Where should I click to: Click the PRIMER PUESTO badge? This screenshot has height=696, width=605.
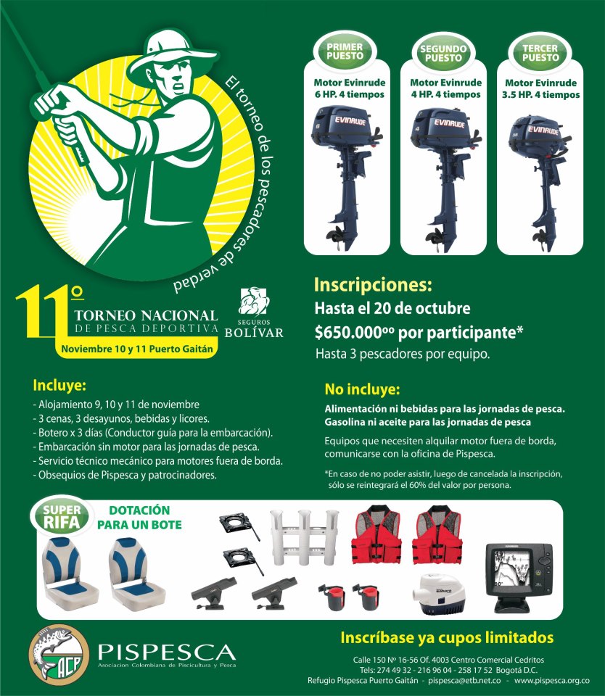[345, 51]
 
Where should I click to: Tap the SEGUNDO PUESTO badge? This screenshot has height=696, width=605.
[443, 53]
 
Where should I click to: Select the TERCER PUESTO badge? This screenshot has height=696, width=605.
[540, 53]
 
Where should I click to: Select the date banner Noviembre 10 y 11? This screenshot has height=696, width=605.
[137, 349]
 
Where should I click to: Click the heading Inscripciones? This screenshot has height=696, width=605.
[373, 284]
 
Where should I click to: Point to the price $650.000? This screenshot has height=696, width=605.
[353, 332]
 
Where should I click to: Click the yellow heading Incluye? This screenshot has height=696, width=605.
[59, 385]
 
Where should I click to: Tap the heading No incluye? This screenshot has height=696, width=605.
[362, 389]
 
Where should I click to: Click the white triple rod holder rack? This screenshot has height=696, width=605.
[304, 537]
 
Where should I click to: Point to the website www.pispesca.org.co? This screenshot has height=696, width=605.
[552, 681]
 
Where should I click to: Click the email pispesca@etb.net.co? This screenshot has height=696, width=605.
[465, 681]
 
